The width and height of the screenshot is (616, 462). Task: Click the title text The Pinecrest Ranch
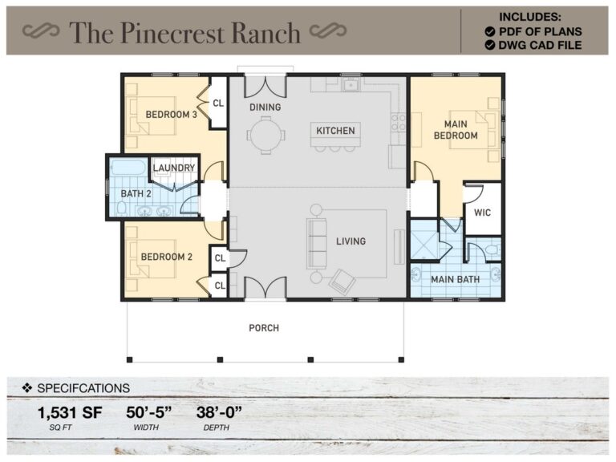pyautogui.click(x=184, y=32)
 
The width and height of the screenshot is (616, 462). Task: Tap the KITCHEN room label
pyautogui.click(x=334, y=131)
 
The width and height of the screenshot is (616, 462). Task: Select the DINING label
pyautogui.click(x=265, y=107)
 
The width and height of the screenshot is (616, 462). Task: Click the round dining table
pyautogui.click(x=264, y=132)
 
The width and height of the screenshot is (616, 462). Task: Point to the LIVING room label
pyautogui.click(x=351, y=241)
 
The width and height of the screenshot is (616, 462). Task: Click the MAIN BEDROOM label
pyautogui.click(x=456, y=130)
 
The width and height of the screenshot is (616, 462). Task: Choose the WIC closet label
pyautogui.click(x=482, y=213)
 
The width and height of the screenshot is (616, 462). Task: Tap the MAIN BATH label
pyautogui.click(x=454, y=280)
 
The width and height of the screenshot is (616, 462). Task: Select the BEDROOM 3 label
pyautogui.click(x=171, y=115)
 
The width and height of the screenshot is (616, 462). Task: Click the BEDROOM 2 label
pyautogui.click(x=167, y=257)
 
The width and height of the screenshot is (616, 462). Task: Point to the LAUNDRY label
pyautogui.click(x=174, y=168)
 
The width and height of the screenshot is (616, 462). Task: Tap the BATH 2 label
pyautogui.click(x=135, y=193)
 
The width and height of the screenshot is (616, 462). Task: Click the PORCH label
pyautogui.click(x=264, y=328)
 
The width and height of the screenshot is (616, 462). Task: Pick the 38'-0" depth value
pyautogui.click(x=218, y=414)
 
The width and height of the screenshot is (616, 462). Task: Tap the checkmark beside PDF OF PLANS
pyautogui.click(x=489, y=31)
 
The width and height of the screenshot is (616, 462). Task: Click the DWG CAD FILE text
pyautogui.click(x=540, y=46)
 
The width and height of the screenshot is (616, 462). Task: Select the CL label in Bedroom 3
pyautogui.click(x=218, y=103)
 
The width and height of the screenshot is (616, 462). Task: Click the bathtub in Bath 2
pyautogui.click(x=128, y=168)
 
